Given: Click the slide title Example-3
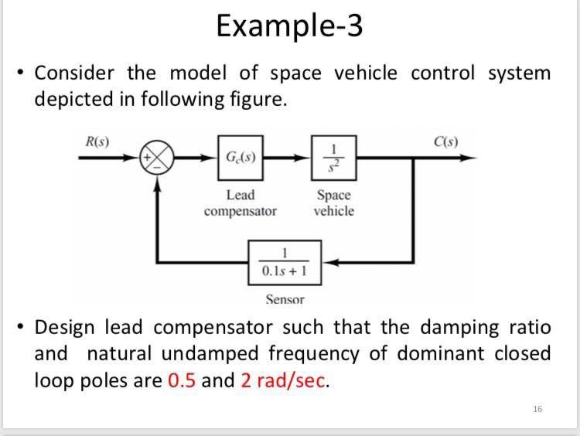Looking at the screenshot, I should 289,26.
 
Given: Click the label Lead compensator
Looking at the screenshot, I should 241,203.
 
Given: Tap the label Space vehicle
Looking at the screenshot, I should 334,203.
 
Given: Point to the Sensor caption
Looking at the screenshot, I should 285,299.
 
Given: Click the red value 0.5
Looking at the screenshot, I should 182,380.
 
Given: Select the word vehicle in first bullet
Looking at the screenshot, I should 368,74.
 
